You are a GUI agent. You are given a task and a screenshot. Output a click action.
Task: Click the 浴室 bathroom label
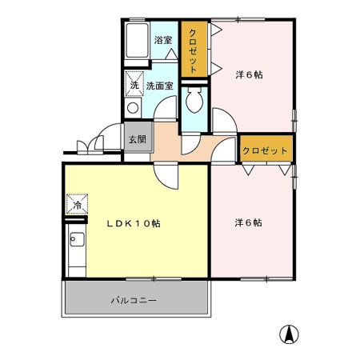[162, 39]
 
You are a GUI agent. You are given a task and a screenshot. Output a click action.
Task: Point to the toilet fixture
[193, 102]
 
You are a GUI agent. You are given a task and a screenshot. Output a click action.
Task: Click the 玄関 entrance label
[137, 138]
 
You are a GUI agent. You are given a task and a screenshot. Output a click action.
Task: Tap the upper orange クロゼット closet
[194, 50]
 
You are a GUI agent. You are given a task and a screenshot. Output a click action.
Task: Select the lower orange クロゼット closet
[266, 150]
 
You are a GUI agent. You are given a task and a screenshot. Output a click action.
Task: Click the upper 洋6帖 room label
[249, 75]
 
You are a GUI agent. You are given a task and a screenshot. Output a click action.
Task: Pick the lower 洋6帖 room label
[249, 222]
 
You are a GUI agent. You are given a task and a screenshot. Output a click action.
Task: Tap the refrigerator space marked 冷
[78, 205]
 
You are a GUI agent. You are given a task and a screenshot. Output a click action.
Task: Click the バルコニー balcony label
[134, 301]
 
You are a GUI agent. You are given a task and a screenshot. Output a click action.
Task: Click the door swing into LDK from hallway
[166, 171]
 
